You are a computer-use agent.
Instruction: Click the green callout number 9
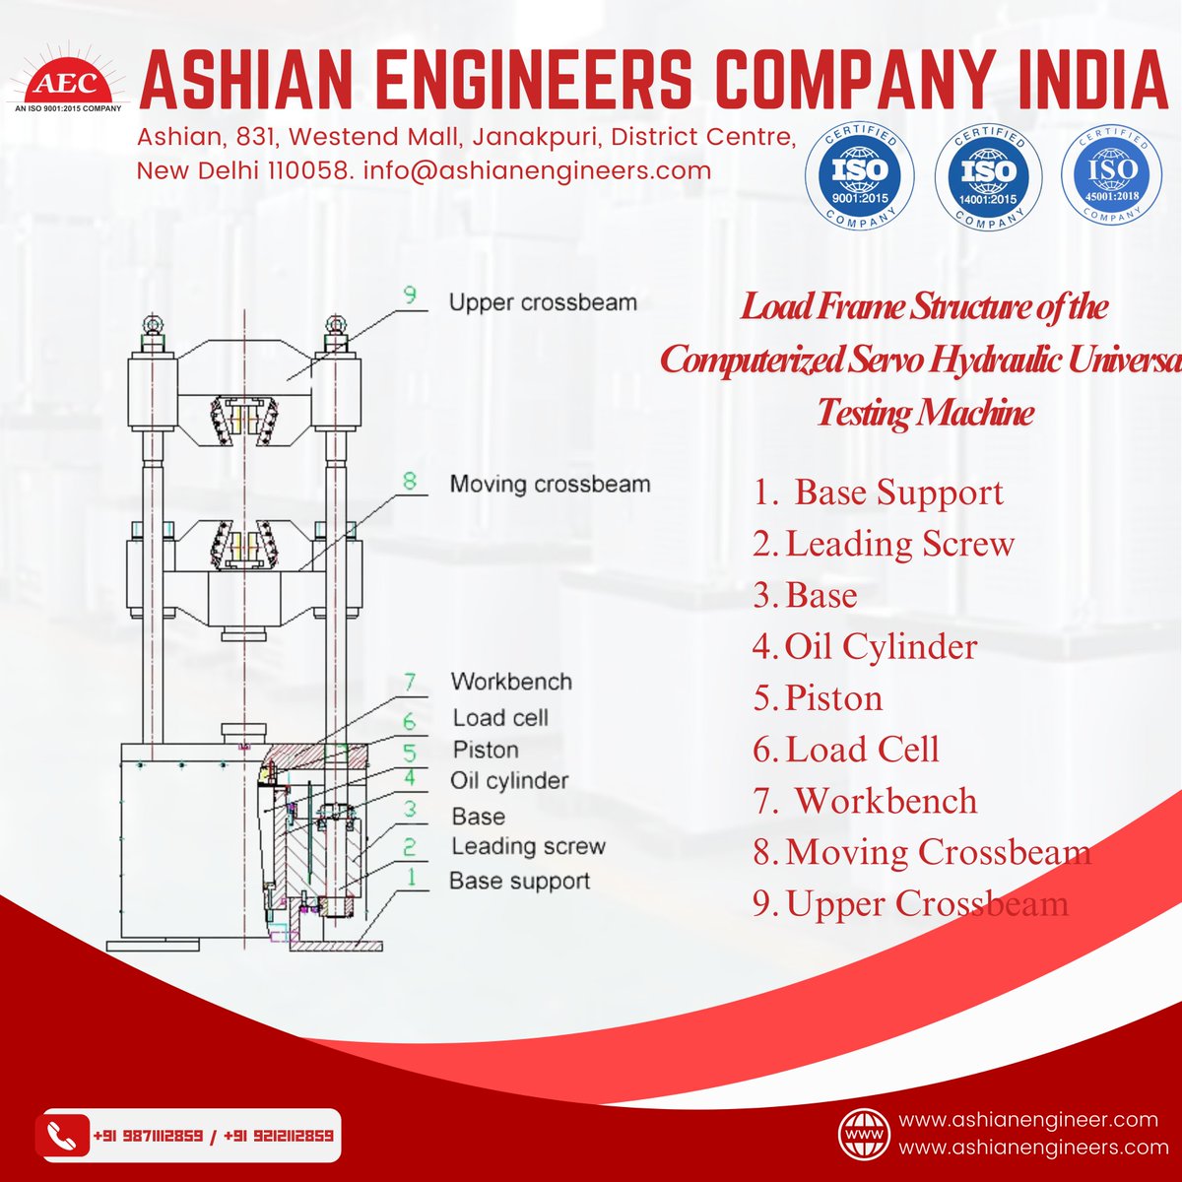click(x=410, y=294)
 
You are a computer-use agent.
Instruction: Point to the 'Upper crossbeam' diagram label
click(x=543, y=302)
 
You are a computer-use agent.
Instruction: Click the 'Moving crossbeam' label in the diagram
click(x=550, y=485)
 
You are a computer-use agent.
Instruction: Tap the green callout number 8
click(x=410, y=482)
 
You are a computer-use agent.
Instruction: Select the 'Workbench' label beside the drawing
click(x=510, y=682)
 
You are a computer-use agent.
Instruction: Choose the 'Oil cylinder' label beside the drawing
click(x=509, y=781)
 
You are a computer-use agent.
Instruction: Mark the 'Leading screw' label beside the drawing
click(x=528, y=846)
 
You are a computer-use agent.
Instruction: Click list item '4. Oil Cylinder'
click(x=865, y=647)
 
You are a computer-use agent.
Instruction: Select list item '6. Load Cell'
click(x=846, y=750)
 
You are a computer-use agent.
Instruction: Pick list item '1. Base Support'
click(x=878, y=492)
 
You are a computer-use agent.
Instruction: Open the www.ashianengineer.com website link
click(x=1028, y=1120)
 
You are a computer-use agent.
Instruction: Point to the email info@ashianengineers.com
click(x=537, y=169)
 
